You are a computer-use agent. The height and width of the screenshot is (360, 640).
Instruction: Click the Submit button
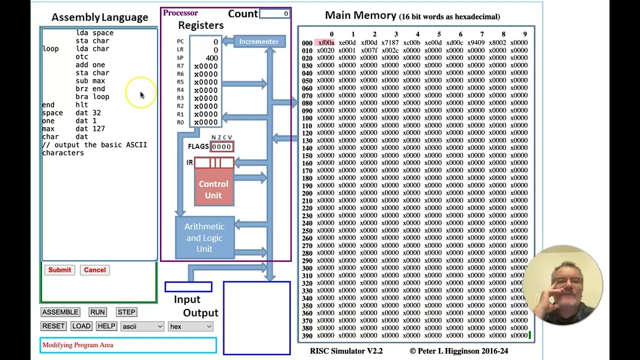(59, 270)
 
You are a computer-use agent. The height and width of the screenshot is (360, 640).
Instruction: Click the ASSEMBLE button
(60, 312)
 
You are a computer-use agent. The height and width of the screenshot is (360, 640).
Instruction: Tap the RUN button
(97, 312)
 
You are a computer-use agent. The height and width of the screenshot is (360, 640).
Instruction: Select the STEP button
(126, 312)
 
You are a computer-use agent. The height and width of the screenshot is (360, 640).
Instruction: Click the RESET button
(53, 326)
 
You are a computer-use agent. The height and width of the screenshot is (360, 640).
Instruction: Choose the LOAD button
(81, 326)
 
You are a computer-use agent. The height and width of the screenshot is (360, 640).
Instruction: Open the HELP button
(106, 326)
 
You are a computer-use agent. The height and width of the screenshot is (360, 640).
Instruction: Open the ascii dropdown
(142, 326)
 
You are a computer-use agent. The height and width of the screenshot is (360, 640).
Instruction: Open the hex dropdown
(191, 326)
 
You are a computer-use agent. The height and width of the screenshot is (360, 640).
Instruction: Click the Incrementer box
(259, 41)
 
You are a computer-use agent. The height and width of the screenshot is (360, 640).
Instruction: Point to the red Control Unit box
(213, 189)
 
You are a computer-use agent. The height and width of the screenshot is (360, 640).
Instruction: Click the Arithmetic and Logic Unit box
(204, 237)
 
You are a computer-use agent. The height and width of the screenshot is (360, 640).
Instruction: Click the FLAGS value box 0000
(221, 146)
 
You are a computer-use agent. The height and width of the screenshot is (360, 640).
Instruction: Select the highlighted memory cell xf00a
(325, 43)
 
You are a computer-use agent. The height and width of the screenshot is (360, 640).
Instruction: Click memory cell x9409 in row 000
(476, 43)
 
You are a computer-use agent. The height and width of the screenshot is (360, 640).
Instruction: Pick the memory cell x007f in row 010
(368, 50)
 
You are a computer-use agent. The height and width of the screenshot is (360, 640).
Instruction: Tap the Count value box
(274, 13)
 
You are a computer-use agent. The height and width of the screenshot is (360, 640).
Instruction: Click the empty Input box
(188, 287)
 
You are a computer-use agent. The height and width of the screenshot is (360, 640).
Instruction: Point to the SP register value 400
(211, 58)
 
